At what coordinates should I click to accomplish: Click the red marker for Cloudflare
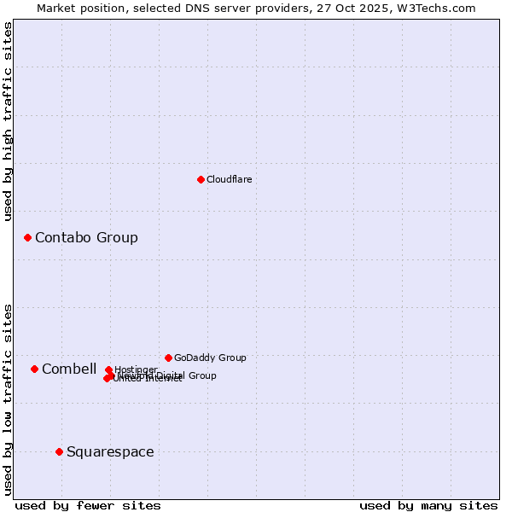click(x=201, y=179)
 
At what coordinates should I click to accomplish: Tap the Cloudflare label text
click(x=229, y=179)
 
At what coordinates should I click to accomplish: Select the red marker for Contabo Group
click(x=27, y=237)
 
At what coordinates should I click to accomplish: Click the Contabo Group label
click(x=86, y=237)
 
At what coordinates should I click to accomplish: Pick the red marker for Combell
click(x=34, y=369)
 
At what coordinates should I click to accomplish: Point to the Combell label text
click(x=69, y=369)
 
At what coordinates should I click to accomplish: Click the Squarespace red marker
click(x=59, y=451)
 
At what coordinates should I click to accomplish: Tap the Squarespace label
click(x=110, y=451)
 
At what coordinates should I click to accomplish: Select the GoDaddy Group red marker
click(x=168, y=358)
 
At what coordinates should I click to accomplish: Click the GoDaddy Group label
click(x=210, y=358)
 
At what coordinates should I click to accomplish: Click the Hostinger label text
click(x=136, y=369)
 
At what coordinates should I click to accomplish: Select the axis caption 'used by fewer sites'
click(x=88, y=505)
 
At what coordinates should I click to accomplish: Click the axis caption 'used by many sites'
click(x=428, y=505)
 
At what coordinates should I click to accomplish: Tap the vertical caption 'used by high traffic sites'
click(x=8, y=121)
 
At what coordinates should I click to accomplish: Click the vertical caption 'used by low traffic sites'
click(x=8, y=399)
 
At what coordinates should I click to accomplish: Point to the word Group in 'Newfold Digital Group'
click(x=201, y=375)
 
